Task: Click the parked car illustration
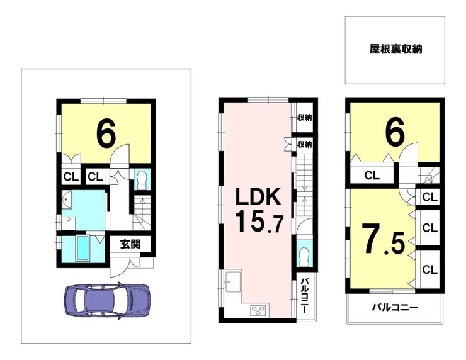(107, 301)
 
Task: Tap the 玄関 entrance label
(130, 244)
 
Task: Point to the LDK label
(258, 196)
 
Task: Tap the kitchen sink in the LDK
(233, 281)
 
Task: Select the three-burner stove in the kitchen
(259, 310)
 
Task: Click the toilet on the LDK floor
(304, 257)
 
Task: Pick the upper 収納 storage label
(304, 118)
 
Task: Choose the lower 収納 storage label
(304, 145)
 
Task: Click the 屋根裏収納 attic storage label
(395, 49)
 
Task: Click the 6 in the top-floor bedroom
(395, 131)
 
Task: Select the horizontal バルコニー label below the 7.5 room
(395, 307)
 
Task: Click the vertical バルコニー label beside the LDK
(304, 296)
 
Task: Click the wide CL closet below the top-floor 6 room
(372, 175)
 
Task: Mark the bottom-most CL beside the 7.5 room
(429, 270)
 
